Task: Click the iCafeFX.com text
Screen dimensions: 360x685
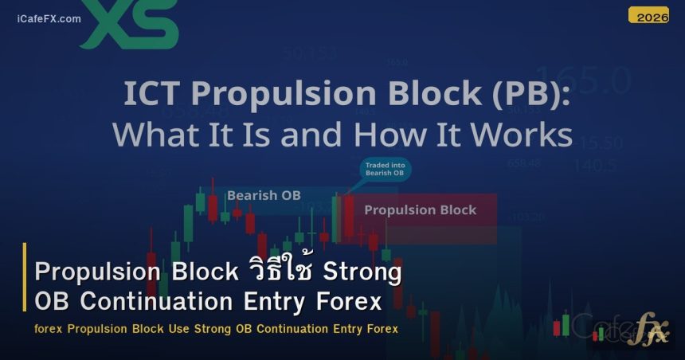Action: point(49,18)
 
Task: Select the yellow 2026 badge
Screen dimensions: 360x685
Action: point(648,15)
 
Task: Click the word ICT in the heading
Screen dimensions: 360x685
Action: point(151,94)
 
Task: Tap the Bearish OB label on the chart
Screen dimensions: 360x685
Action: point(264,194)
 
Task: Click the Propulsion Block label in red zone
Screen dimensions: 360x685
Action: point(420,210)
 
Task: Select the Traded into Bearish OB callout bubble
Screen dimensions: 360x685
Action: point(385,169)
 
